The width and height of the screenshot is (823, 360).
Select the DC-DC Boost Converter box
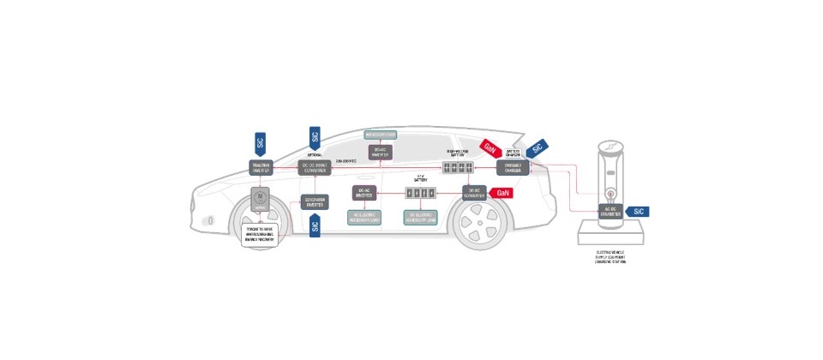point(315,166)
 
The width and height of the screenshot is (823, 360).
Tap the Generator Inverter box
point(315,201)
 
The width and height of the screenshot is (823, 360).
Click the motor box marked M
point(259,199)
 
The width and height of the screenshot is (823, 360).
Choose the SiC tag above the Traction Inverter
point(261,142)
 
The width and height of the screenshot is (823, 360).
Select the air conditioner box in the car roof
point(380,135)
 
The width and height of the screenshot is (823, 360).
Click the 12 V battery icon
point(421,193)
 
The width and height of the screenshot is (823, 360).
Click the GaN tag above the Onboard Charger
point(490,147)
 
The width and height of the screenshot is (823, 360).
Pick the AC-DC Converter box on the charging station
point(610,213)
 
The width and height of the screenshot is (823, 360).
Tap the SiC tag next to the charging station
point(638,210)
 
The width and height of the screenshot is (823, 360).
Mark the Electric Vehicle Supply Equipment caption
point(610,259)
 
